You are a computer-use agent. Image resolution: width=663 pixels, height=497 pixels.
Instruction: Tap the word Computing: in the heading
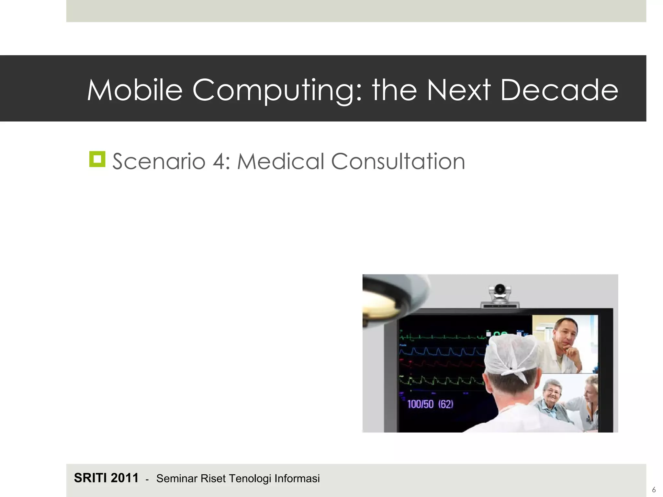(277, 91)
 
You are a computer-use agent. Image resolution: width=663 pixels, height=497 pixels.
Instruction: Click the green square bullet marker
(97, 159)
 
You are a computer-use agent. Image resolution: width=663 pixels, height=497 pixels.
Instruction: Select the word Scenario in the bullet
(159, 161)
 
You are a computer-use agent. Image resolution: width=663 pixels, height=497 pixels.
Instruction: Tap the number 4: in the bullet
(221, 161)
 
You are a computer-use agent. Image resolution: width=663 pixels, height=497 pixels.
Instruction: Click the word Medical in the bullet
(280, 161)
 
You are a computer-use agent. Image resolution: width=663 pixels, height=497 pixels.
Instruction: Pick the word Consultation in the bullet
(398, 161)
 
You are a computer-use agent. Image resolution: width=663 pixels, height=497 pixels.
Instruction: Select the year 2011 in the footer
(125, 478)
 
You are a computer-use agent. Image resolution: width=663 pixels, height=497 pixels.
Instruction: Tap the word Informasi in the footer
(297, 479)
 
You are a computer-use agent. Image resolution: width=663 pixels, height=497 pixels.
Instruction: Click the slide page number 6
(654, 490)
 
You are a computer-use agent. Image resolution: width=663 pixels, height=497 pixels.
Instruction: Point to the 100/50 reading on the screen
(420, 404)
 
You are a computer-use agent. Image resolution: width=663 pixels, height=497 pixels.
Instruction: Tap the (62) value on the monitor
(446, 404)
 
